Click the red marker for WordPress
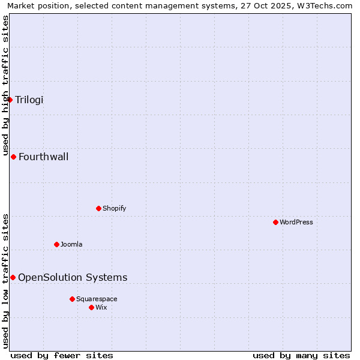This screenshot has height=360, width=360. pos(275,222)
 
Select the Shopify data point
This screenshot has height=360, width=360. pos(99,208)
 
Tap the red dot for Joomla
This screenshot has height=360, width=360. pos(56,244)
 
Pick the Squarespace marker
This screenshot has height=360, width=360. pos(72,299)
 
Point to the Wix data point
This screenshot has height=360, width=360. pos(91,307)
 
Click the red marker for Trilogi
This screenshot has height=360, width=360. pos(10,100)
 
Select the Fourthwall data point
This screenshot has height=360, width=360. pos(13,157)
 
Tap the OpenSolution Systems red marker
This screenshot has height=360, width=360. pos(13,277)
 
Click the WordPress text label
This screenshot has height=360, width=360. pos(296,223)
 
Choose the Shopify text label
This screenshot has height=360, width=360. pos(115,209)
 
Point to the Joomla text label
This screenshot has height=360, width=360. pos(71,245)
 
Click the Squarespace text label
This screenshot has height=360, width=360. pos(97,299)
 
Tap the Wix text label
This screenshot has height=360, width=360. pos(101,308)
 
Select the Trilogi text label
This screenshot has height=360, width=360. pos(29,100)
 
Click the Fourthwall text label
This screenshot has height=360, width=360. pos(44,157)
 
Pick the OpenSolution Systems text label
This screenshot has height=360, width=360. pos(73,278)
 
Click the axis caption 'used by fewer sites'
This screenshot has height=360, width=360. pos(62,355)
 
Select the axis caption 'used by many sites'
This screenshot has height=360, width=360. pos(301,355)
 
